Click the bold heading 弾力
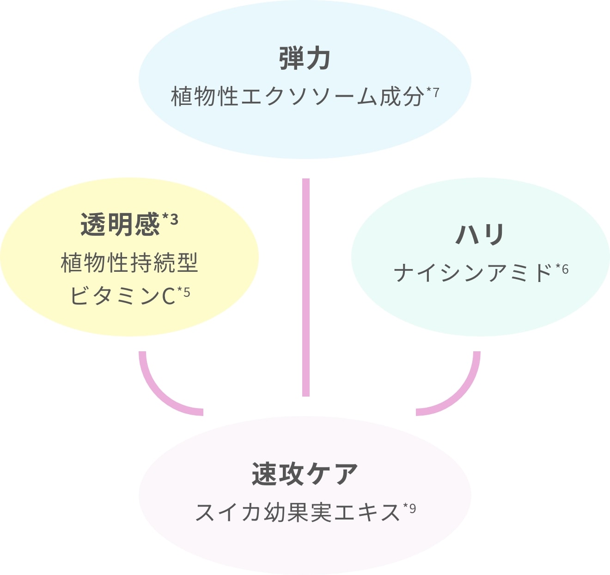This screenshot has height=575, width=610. coord(305,59)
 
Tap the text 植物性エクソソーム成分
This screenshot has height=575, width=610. coord(298,97)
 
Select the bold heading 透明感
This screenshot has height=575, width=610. coord(120,225)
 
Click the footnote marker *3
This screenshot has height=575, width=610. coord(170,220)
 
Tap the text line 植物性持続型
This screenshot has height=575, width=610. coord(129,263)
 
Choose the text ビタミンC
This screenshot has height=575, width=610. coord(123,296)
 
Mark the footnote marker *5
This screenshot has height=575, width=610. coord(183,292)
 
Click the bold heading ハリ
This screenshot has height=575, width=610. coord(480,234)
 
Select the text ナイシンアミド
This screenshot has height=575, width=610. coord(473,273)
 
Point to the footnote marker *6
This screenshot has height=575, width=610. coord(562,269)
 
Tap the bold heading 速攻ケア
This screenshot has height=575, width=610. coord(305,474)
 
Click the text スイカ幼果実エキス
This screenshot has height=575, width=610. coord(298,512)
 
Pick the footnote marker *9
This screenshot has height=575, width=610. coord(409,508)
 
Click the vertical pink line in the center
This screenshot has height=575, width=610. coord(305,287)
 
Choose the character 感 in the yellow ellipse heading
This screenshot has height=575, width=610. coord(146,225)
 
